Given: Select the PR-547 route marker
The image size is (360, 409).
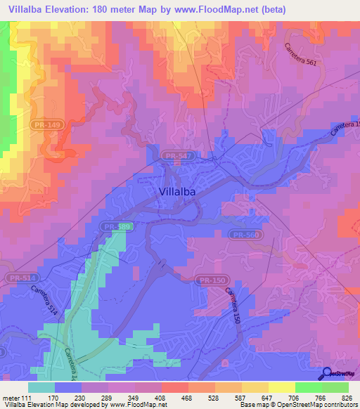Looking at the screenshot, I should (x=174, y=156).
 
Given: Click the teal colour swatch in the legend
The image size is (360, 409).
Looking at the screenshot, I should (x=41, y=387).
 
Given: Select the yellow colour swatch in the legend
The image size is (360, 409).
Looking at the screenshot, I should (x=281, y=387).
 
